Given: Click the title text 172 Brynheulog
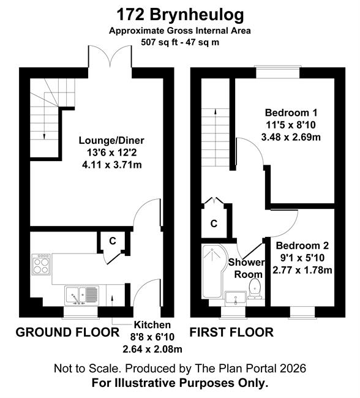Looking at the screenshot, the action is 180,15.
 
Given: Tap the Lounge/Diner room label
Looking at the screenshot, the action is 111,140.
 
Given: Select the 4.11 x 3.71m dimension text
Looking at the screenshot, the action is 111,165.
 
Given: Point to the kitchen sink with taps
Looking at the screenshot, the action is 81,295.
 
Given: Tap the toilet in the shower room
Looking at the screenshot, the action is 255,288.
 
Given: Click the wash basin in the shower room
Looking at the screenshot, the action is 236,298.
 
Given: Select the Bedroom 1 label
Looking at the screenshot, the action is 291,113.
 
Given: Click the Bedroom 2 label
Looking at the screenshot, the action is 302,246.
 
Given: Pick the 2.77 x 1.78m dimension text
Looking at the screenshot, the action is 302,270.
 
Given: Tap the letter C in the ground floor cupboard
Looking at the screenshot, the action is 113,241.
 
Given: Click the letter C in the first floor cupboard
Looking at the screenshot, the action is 214,223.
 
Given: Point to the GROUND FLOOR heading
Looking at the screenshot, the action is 67,332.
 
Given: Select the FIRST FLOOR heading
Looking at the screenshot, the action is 231,332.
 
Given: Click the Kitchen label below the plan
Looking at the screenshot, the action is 152,325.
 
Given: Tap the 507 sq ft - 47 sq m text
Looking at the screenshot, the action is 180,42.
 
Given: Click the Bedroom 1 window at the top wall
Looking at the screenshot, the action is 278,72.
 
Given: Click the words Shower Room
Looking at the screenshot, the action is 246,268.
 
